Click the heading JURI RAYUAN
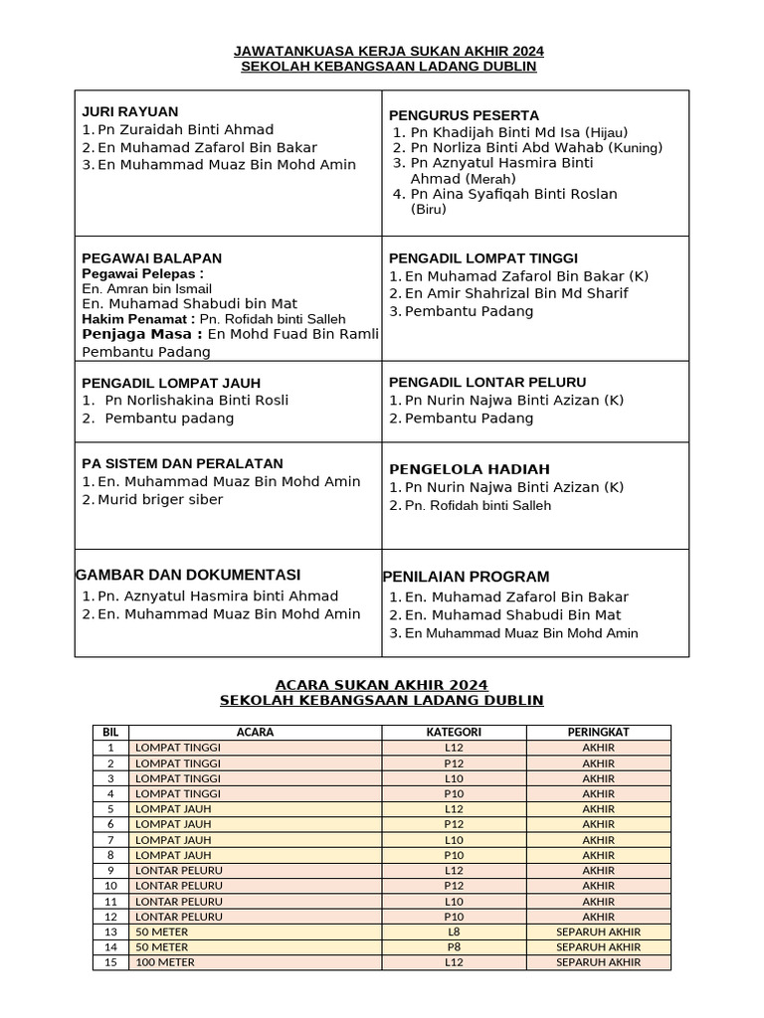coord(129,112)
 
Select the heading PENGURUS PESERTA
coord(464,115)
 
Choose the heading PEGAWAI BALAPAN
coord(151,258)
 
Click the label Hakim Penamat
coord(138,319)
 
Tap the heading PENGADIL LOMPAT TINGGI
coord(482,258)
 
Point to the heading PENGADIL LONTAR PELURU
coord(487,383)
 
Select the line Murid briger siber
coord(159,500)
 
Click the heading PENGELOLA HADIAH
coord(469,469)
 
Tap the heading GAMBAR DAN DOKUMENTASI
coord(187,576)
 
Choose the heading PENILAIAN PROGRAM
coord(466,578)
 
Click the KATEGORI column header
coord(454,733)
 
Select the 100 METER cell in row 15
coord(165,962)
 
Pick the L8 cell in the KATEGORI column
coord(454,932)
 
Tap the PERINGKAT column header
coord(598,733)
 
